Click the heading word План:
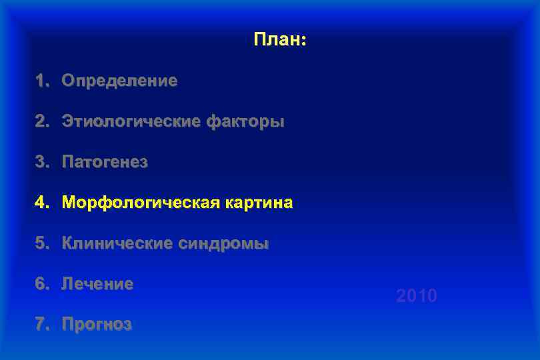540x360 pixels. click(x=279, y=40)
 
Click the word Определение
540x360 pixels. click(x=119, y=81)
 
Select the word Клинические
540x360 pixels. click(x=117, y=244)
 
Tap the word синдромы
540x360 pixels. click(x=223, y=244)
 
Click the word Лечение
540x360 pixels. click(x=97, y=285)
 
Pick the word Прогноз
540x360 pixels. click(x=97, y=325)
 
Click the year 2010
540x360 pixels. click(x=417, y=296)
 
